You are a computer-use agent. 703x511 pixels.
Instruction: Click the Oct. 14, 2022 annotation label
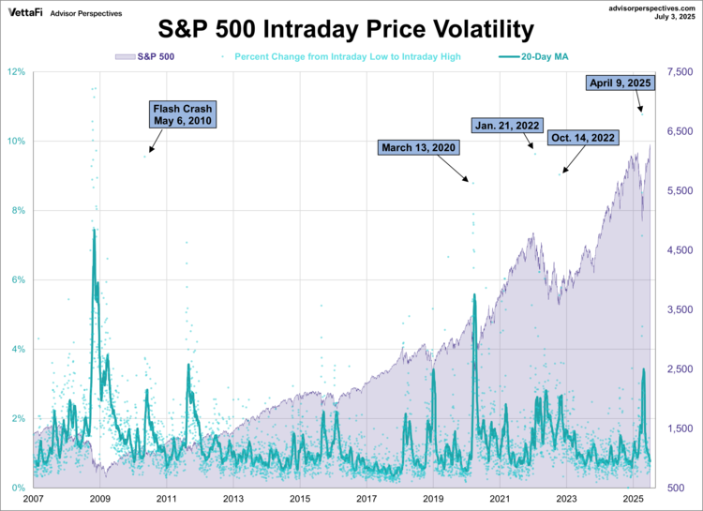click(583, 138)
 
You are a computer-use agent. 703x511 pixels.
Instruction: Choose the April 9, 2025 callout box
click(620, 83)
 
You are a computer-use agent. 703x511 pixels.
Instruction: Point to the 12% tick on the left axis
click(18, 72)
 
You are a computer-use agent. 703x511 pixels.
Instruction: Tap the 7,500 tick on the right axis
click(680, 72)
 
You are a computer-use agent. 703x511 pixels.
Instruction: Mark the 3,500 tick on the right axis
click(680, 309)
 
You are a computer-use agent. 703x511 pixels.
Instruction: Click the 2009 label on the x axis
click(100, 499)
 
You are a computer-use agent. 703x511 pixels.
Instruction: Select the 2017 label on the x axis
click(366, 499)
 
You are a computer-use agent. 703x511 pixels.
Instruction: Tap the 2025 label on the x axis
click(633, 499)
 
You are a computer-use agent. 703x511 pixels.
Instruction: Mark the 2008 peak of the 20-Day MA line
click(94, 229)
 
